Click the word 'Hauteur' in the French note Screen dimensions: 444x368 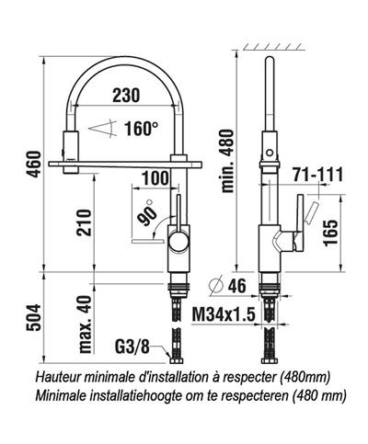click(60, 377)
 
